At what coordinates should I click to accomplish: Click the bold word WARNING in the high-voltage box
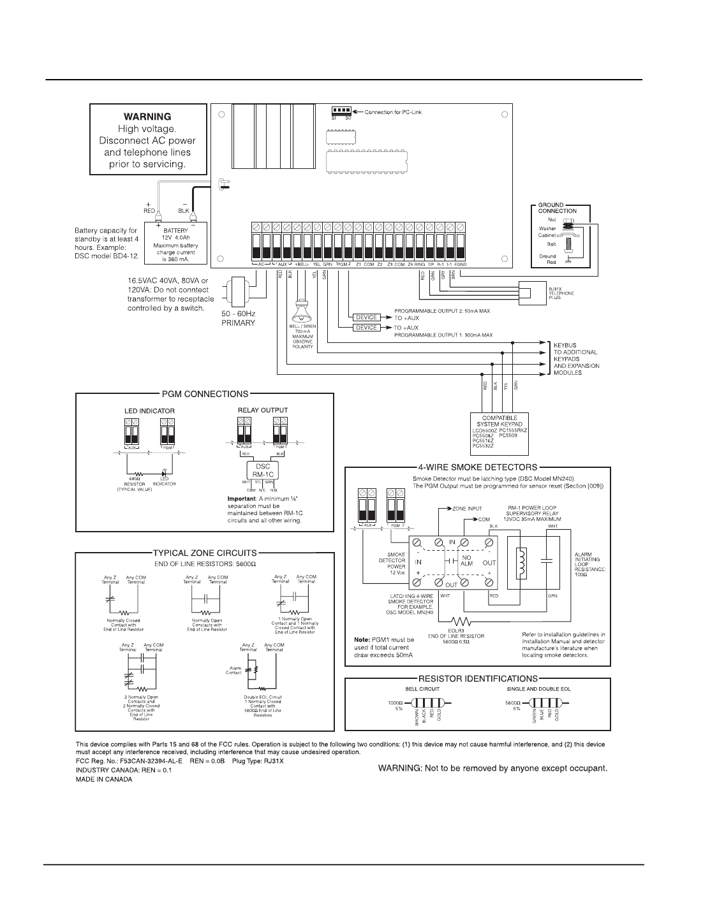[x=147, y=117]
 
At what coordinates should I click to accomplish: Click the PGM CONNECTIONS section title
[x=205, y=394]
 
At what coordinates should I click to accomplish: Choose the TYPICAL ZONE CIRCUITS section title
[x=205, y=553]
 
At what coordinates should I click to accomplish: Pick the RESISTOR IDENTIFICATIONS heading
[x=477, y=679]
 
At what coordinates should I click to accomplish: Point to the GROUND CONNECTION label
[x=557, y=208]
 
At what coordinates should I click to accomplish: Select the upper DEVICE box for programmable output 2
[x=366, y=317]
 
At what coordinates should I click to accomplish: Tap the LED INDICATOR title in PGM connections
[x=149, y=411]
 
